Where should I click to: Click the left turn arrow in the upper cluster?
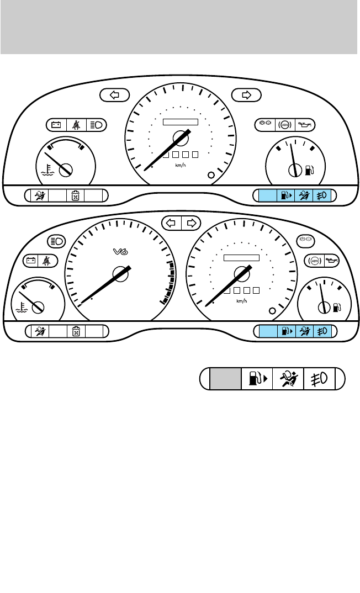tap(115, 95)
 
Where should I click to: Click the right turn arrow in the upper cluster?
tap(246, 95)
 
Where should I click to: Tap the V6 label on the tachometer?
tap(120, 251)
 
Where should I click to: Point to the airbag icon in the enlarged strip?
tap(288, 380)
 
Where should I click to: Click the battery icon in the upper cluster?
tap(56, 125)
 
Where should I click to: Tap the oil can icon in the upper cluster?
tap(306, 125)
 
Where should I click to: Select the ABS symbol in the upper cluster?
tap(285, 125)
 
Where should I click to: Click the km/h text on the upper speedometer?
tap(181, 165)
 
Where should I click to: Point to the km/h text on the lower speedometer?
tap(241, 301)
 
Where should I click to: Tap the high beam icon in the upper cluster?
tap(96, 125)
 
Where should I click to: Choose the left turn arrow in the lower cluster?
tap(171, 223)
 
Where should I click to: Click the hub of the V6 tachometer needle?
tap(119, 272)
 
